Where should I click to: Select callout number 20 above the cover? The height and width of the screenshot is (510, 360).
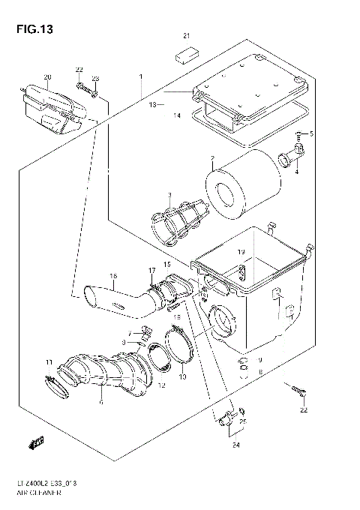[46, 77]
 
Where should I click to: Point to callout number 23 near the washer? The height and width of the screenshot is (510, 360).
[95, 79]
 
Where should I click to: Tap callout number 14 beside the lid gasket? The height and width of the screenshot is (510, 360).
[177, 116]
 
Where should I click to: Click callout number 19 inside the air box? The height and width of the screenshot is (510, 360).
[241, 252]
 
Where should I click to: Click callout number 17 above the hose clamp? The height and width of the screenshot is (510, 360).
[151, 271]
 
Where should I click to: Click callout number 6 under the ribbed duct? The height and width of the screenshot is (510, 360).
[101, 402]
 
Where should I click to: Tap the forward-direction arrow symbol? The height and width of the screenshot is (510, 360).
[34, 443]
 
